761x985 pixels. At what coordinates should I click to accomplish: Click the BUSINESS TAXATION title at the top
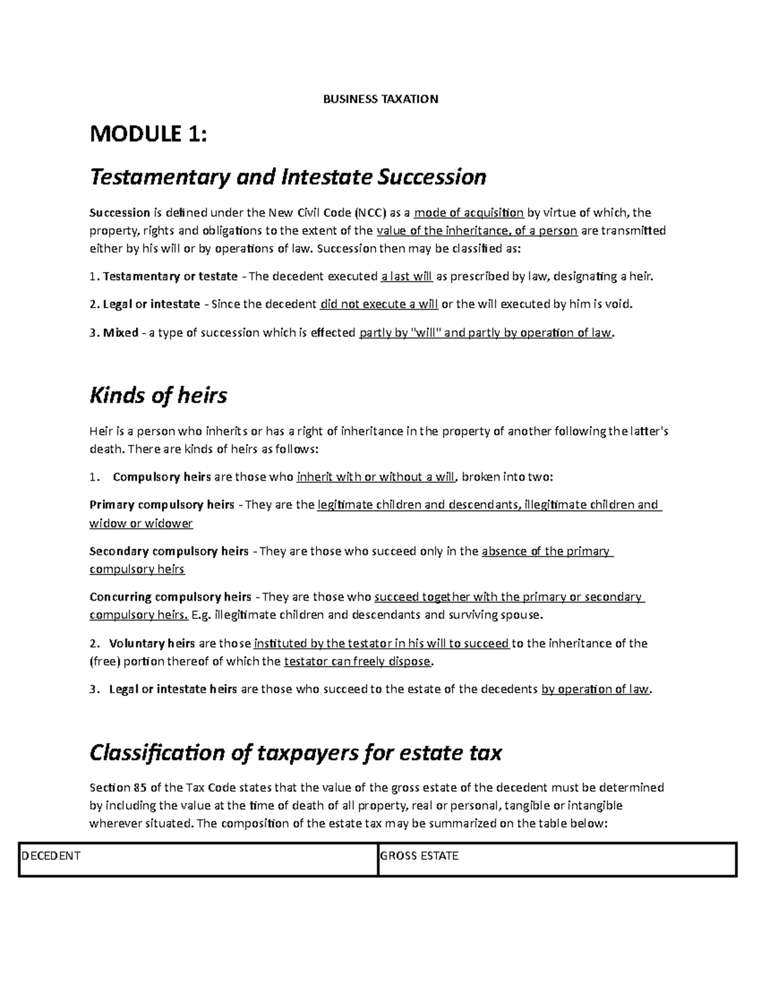(380, 99)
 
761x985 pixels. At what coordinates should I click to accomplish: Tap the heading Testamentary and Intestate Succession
(288, 176)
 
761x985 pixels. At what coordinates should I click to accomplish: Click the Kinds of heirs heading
(158, 395)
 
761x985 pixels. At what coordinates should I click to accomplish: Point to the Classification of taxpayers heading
(296, 752)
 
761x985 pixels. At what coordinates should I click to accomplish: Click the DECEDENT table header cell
(51, 856)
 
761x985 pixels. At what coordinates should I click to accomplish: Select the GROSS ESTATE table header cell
(419, 856)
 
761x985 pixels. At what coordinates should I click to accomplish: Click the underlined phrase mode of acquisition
(469, 212)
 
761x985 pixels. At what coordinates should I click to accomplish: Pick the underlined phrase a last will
(407, 277)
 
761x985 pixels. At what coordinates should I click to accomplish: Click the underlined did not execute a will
(379, 304)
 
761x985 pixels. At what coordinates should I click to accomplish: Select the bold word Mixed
(120, 333)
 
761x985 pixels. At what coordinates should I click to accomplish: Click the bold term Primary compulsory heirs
(162, 506)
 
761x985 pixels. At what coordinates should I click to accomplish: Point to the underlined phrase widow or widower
(141, 524)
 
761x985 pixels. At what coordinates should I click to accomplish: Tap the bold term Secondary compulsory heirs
(169, 551)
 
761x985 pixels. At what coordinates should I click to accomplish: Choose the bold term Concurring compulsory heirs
(171, 597)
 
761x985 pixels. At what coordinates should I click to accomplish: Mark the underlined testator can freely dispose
(358, 662)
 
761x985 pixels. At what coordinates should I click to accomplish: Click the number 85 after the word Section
(140, 788)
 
